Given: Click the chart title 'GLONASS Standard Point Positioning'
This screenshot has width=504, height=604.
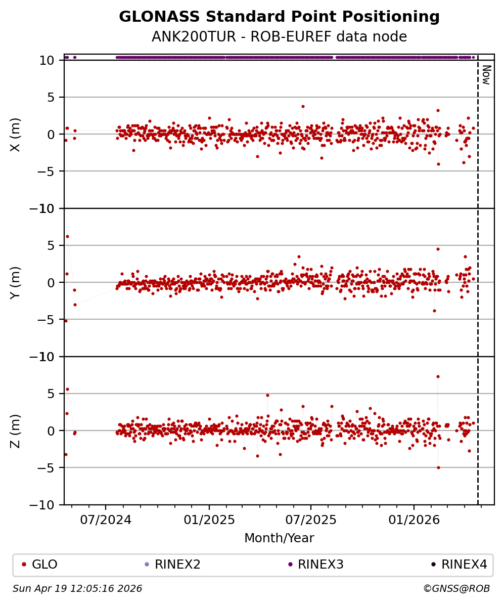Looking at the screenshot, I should click(x=279, y=17).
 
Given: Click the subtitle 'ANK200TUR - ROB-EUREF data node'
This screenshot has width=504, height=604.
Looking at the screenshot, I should click(x=279, y=37).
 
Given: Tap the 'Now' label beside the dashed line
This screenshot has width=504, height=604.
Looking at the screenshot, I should click(x=486, y=74).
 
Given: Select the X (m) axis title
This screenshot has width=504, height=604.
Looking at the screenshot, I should click(x=16, y=134).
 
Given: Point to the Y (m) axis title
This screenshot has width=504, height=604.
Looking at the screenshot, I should click(x=16, y=282).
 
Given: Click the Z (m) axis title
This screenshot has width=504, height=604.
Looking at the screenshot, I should click(x=16, y=430).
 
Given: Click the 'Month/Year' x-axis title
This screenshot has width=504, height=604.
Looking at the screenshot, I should click(x=279, y=538).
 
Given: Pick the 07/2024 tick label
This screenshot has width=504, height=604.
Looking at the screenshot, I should click(x=106, y=520).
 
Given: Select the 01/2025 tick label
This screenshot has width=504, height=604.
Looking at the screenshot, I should click(x=209, y=520).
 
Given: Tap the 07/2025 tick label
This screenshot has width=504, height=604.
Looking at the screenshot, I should click(x=310, y=520).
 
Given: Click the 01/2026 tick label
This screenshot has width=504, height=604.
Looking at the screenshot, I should click(x=414, y=520).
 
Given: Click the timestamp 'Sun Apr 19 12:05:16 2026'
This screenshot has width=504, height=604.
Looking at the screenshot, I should click(x=77, y=589).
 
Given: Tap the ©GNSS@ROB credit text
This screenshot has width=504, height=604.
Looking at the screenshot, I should click(x=456, y=589).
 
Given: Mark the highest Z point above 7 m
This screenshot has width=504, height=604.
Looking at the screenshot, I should click(x=438, y=376).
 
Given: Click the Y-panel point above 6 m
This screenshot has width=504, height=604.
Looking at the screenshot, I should click(x=67, y=236).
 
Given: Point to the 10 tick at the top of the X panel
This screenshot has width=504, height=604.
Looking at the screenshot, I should click(x=48, y=60).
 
